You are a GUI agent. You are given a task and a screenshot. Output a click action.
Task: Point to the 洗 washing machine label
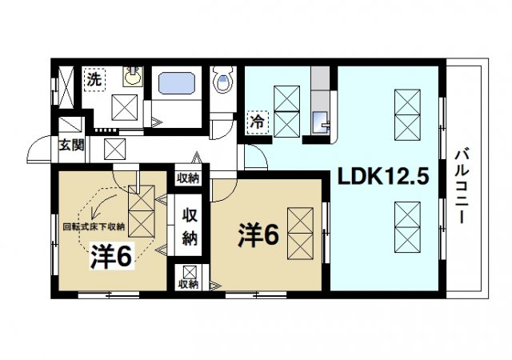click(x=94, y=79)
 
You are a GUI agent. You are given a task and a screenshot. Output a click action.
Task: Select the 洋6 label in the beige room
click(x=111, y=255)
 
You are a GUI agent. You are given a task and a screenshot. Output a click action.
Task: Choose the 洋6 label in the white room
click(x=257, y=235)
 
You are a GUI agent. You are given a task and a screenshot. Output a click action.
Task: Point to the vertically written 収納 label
click(x=189, y=226)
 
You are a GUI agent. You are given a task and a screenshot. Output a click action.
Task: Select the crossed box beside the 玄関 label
click(x=114, y=148)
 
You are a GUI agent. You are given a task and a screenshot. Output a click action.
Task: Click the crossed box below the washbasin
click(x=124, y=106)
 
